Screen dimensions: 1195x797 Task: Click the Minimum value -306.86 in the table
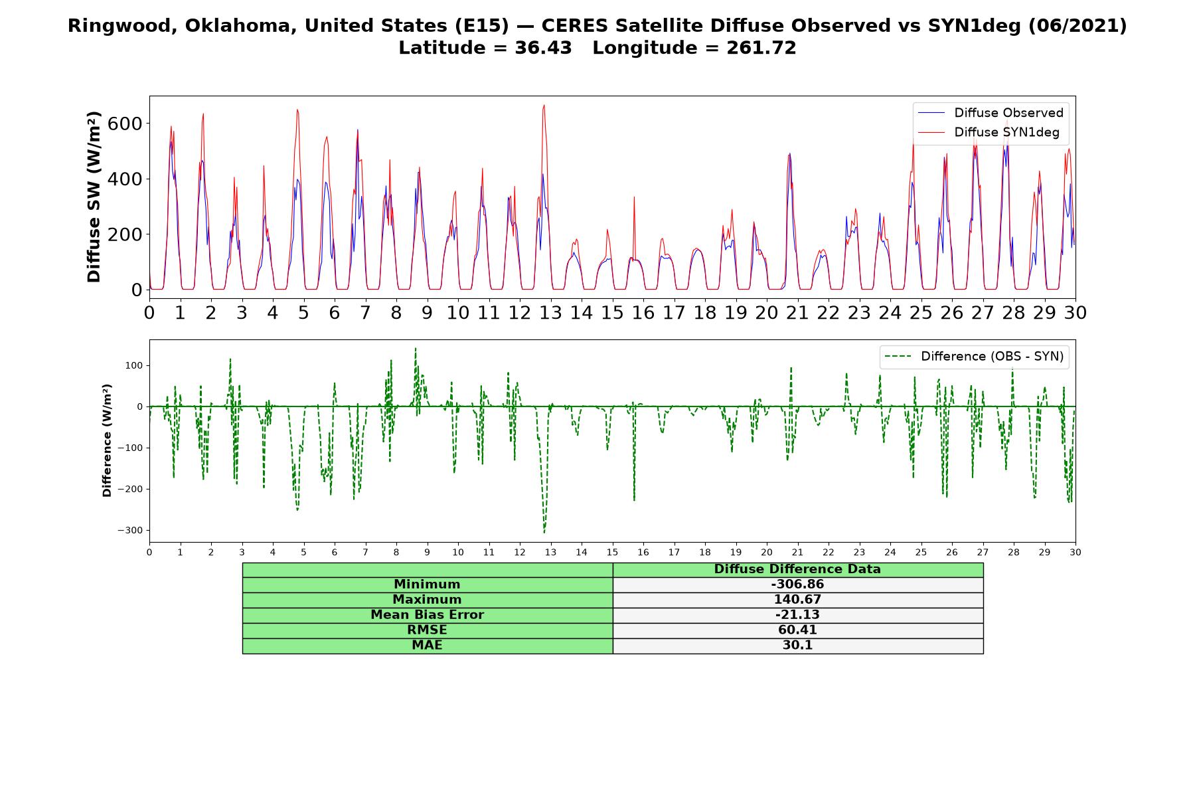click(x=797, y=584)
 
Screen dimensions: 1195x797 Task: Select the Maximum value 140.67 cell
click(x=797, y=600)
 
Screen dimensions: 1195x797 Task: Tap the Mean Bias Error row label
click(x=427, y=615)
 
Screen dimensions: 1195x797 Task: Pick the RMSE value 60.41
click(x=797, y=630)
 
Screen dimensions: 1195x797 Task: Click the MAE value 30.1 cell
click(x=797, y=646)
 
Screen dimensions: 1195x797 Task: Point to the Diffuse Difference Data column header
click(x=797, y=569)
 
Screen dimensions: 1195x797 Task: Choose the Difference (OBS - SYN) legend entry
click(x=973, y=357)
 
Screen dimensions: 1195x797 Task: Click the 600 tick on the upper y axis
click(x=128, y=124)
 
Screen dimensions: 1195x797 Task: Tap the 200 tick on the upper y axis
click(x=128, y=234)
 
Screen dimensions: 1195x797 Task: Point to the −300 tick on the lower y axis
click(x=130, y=530)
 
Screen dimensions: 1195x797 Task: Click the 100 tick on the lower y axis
click(x=135, y=365)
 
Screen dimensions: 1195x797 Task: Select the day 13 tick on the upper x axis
click(x=550, y=312)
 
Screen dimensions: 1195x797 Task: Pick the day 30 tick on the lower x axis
click(x=1075, y=552)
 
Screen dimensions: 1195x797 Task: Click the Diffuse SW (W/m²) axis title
click(x=94, y=197)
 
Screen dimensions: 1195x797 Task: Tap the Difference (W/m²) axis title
click(x=108, y=440)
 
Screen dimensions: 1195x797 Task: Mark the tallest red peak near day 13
click(x=544, y=105)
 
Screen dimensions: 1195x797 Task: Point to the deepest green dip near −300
click(x=544, y=532)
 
